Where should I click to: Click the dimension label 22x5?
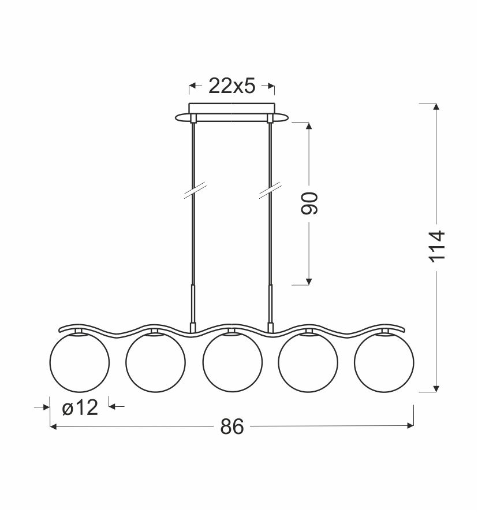point(231,86)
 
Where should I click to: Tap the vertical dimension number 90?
point(309,203)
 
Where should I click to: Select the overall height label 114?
point(436,246)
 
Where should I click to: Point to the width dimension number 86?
point(232,426)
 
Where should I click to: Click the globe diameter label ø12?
point(80,407)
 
